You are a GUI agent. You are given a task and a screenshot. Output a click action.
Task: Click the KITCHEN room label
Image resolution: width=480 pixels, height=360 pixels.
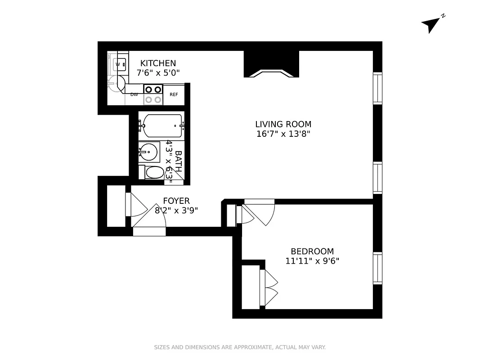(x=158, y=63)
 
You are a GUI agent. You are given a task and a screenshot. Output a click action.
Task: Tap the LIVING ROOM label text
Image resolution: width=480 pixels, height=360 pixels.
(x=283, y=124)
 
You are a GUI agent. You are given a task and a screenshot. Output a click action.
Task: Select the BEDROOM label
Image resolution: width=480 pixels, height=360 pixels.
(x=312, y=252)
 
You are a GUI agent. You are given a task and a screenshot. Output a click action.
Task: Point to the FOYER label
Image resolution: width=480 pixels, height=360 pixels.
(x=176, y=201)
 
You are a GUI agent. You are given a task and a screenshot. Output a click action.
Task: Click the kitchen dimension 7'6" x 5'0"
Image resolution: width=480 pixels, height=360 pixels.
(x=158, y=72)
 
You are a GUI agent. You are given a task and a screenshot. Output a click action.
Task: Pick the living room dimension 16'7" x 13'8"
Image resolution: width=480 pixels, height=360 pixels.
(x=283, y=134)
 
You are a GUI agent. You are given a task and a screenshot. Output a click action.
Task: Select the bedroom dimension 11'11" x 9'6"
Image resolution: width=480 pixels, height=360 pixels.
(x=312, y=261)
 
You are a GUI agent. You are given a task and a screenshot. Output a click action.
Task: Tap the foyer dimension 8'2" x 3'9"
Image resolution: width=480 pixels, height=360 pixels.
(x=176, y=210)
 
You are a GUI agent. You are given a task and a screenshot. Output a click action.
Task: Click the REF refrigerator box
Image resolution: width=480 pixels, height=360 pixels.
(x=174, y=94)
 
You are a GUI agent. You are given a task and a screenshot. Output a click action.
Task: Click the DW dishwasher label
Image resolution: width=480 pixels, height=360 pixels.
(x=134, y=94)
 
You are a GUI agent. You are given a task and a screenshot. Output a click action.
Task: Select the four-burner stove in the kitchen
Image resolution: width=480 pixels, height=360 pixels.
(x=153, y=94)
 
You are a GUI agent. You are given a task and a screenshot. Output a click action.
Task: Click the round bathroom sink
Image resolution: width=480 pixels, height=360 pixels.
(x=148, y=152)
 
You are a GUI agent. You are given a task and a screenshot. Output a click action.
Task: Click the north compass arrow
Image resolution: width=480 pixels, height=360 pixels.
(x=431, y=24)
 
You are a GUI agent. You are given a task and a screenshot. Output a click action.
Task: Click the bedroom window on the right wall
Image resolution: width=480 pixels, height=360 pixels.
(x=377, y=268)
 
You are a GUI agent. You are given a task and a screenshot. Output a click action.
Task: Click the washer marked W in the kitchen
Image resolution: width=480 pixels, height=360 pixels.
(x=119, y=64)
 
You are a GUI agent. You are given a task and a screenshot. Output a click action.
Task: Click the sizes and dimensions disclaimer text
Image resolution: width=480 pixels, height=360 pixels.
(x=240, y=347)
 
